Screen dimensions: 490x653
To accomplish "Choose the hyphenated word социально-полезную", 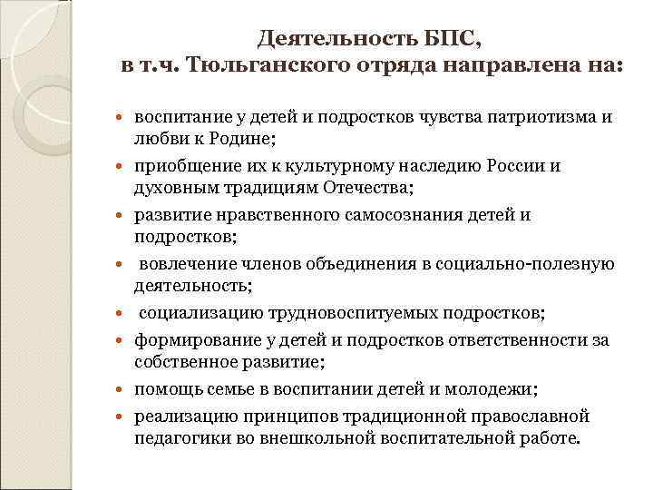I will pos(530,264).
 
